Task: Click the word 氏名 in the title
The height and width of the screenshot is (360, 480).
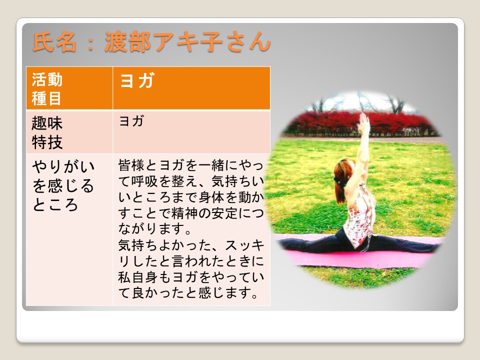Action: [x=54, y=42]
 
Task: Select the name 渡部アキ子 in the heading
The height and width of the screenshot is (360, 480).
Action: [x=163, y=42]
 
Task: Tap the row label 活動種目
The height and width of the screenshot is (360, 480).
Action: [x=47, y=89]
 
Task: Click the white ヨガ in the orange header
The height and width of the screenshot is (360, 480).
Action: [x=137, y=80]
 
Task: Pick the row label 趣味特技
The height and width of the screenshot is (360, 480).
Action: [x=47, y=132]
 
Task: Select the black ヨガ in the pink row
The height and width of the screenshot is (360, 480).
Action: [x=131, y=121]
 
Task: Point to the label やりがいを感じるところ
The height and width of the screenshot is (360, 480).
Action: [x=63, y=185]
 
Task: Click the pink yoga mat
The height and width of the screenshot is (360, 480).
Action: [x=358, y=255]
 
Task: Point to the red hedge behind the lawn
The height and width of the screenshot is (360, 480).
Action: [x=361, y=123]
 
